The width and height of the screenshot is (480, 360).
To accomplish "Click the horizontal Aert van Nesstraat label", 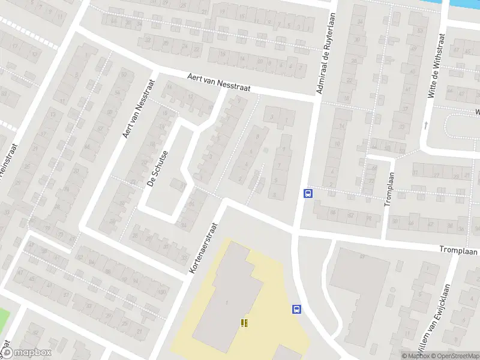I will (x=218, y=82).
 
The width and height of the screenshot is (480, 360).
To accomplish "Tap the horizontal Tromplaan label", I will (x=458, y=250).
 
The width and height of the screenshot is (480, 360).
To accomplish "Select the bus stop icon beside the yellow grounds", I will (x=296, y=309).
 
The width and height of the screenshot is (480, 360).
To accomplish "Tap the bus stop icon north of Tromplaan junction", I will (x=308, y=193).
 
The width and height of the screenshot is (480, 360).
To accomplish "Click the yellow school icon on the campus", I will (x=244, y=323).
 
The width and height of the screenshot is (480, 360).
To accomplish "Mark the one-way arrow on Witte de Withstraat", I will (x=426, y=125).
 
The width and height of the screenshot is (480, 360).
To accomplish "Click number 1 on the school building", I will (x=227, y=302).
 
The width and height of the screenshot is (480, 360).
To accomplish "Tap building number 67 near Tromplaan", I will (x=362, y=257).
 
